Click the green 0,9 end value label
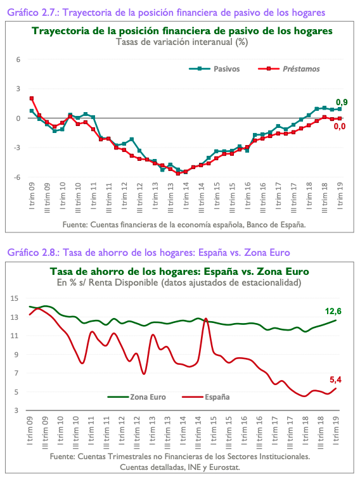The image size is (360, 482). pyautogui.click(x=341, y=102)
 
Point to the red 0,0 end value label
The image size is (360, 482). pyautogui.click(x=340, y=127)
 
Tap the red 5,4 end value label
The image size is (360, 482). pyautogui.click(x=337, y=380)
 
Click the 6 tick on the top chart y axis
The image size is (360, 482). pyautogui.click(x=19, y=60)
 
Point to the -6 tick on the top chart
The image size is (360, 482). pyautogui.click(x=18, y=177)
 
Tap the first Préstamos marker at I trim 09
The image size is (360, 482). pyautogui.click(x=32, y=99)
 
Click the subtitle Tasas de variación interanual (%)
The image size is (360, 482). pyautogui.click(x=181, y=42)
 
